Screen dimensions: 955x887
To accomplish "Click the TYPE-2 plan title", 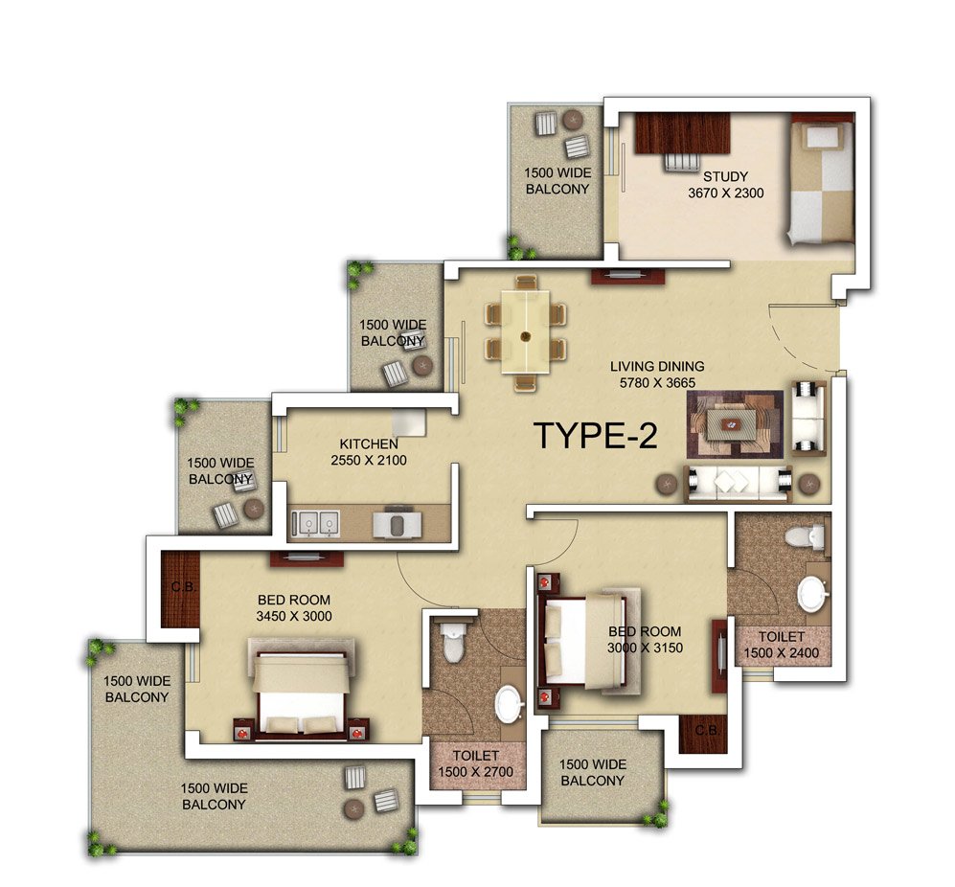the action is (596, 436).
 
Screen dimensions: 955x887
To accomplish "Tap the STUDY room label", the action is (725, 176).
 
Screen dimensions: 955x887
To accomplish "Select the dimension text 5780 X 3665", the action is (657, 382).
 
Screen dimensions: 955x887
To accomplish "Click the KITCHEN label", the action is (369, 443).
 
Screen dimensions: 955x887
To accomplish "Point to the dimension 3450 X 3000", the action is (294, 616).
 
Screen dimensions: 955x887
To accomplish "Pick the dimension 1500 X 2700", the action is (476, 772).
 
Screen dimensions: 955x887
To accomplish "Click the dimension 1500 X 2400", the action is (782, 653).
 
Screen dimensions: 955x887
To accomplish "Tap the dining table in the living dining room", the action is (526, 332).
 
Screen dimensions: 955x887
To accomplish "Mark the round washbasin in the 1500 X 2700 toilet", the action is (510, 705).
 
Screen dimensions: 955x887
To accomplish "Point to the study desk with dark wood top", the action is (682, 133).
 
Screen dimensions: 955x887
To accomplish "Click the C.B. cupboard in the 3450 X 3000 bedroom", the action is (180, 588).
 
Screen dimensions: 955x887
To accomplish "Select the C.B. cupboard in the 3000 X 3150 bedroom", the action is (703, 733).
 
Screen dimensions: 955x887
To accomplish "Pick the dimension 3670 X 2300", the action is (725, 193).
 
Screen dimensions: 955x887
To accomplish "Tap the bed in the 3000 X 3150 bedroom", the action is (586, 642).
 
